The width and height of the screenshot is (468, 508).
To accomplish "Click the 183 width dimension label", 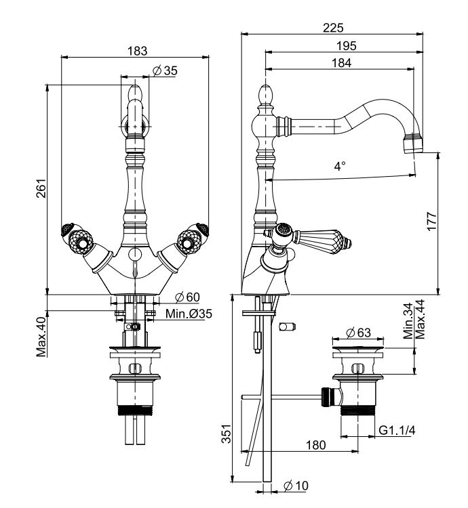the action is pos(137,51).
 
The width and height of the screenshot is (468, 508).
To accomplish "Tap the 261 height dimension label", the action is pos(41,188).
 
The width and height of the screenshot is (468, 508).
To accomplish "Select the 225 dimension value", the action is pos(333,28).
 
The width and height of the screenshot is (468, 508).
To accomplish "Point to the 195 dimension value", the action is pos(346,45).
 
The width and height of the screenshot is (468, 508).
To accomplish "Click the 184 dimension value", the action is pos(341,63).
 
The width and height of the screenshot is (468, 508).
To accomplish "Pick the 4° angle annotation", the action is pos(340,166).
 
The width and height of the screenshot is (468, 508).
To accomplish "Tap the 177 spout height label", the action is pos(431,221).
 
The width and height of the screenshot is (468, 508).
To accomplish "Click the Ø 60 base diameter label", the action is pos(187,297).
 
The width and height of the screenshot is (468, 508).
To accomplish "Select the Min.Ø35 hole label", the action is pos(189,314).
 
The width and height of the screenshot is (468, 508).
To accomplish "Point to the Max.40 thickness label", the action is pos(41,337).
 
